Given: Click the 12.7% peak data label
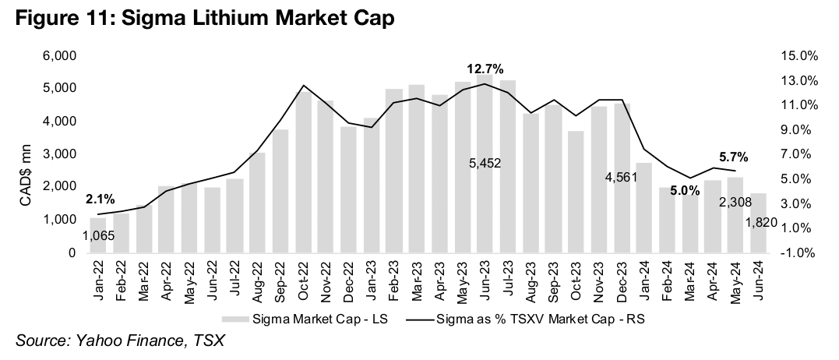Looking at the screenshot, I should click(x=485, y=68).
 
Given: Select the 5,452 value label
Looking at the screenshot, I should click(x=485, y=163).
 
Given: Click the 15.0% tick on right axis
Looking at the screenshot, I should click(x=797, y=56).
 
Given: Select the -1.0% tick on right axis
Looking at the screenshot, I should click(x=797, y=253).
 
